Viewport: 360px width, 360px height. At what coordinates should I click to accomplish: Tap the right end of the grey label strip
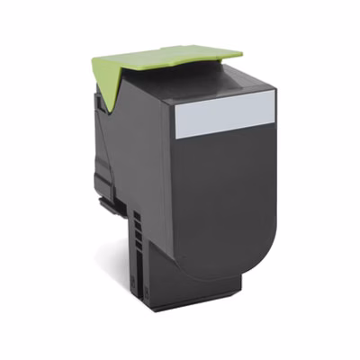pyautogui.click(x=267, y=113)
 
